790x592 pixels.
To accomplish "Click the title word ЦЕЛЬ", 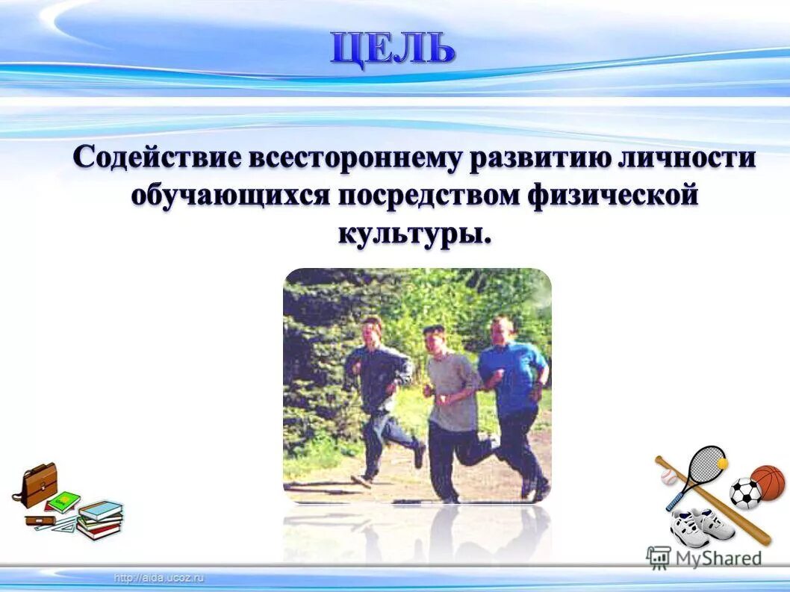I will (x=392, y=49).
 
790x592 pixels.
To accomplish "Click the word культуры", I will (x=415, y=232).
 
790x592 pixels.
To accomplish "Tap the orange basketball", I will (x=768, y=482).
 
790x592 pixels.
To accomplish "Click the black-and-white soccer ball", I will (x=744, y=493).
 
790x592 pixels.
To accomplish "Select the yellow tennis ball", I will (x=722, y=464).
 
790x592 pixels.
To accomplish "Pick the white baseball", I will (x=669, y=476).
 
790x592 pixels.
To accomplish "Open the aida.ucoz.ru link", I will (x=159, y=578).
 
